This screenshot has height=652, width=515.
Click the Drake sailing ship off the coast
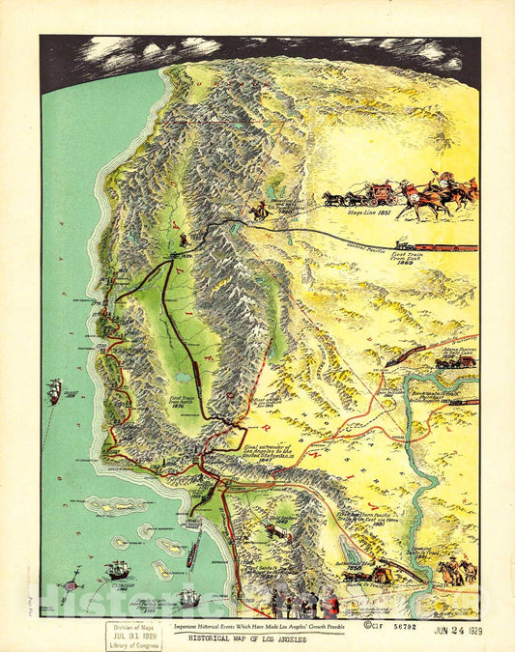[55, 390]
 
